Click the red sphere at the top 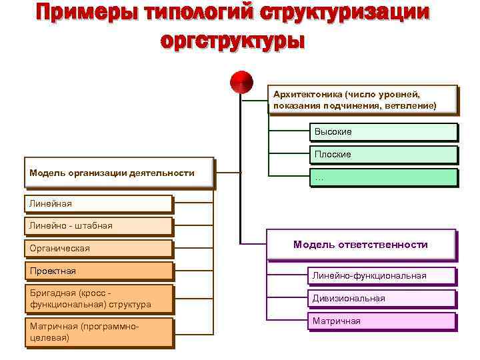coord(241,82)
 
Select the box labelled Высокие coord(383,132)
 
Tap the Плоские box coord(383,154)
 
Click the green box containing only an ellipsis coord(383,177)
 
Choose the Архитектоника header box coord(363,100)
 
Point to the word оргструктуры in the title coord(233,41)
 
